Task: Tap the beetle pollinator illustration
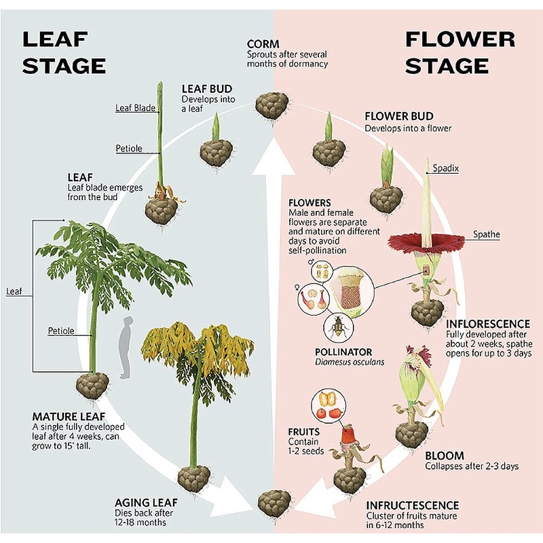(338, 327)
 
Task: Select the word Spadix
(446, 168)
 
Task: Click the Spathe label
(487, 234)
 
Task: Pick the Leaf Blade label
(135, 108)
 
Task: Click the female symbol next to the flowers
(297, 287)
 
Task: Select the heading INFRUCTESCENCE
(413, 505)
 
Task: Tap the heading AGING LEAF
(146, 502)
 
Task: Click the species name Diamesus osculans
(350, 362)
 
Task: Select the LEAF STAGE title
(64, 52)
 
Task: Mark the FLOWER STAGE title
(460, 52)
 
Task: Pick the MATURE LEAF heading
(69, 416)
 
